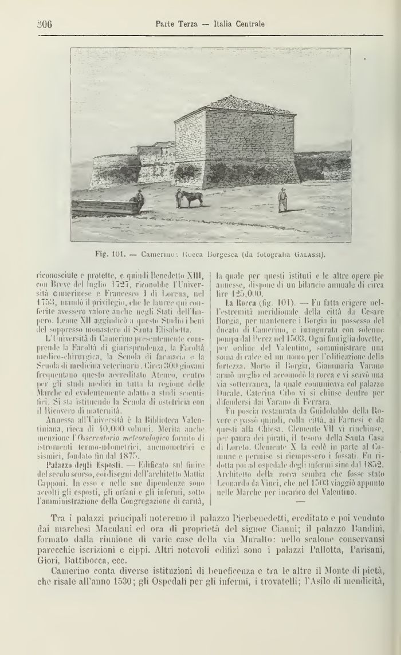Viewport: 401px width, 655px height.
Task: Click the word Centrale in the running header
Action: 247,24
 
